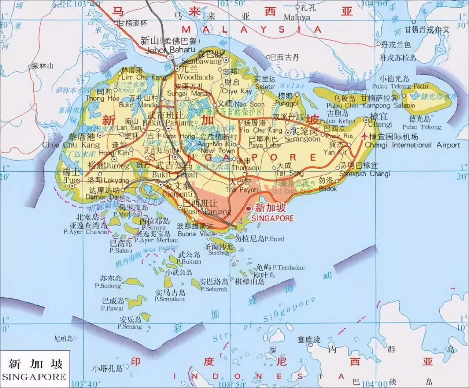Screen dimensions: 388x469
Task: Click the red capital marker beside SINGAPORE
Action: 249,209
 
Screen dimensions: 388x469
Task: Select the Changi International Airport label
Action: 412,145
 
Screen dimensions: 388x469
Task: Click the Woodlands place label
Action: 195,77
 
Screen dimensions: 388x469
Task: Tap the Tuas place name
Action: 72,180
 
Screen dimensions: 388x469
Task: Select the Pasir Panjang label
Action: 207,212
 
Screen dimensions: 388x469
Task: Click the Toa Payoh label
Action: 241,190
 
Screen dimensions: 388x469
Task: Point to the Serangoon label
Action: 302,139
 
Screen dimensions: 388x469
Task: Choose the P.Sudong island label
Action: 108,286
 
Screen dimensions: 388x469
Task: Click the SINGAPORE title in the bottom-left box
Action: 34,377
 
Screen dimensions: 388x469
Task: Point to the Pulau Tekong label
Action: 421,127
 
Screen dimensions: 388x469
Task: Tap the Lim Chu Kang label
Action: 138,77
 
